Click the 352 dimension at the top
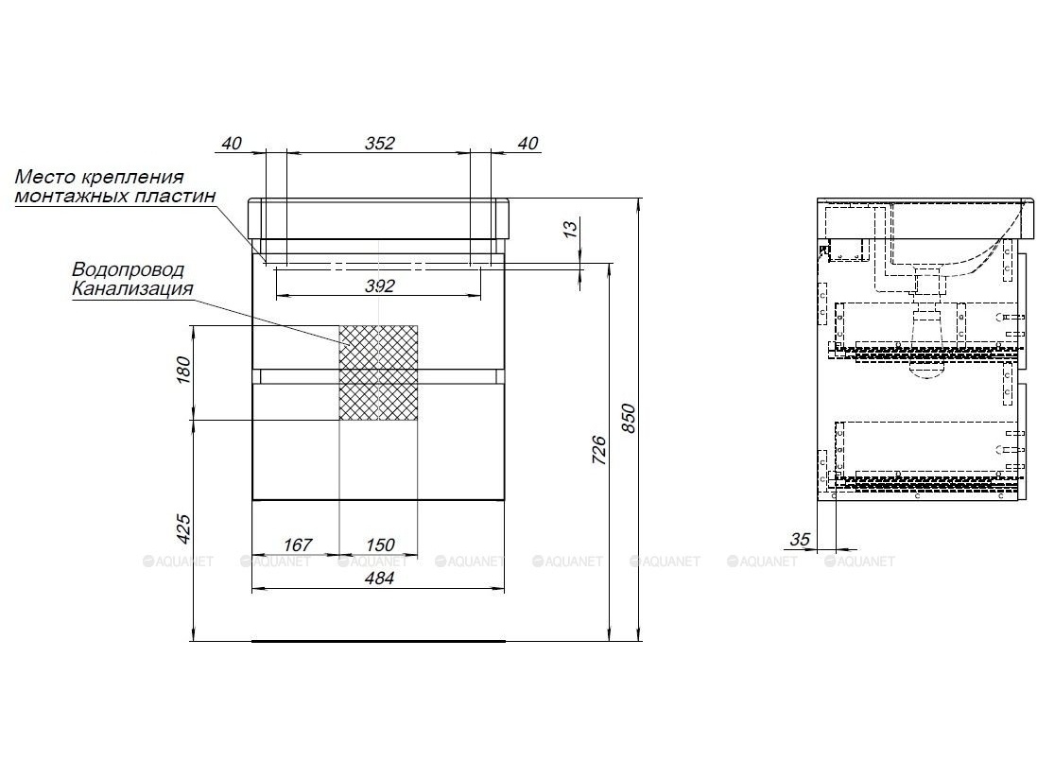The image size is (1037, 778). coord(380,143)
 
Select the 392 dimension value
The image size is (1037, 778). coord(380,285)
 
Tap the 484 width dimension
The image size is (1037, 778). coord(380,578)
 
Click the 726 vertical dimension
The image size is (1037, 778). coord(598,450)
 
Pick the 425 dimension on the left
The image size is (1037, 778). coord(183,528)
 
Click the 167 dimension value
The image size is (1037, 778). coord(298,545)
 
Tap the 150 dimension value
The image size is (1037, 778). coord(380,545)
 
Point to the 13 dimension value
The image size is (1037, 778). coord(570,228)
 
